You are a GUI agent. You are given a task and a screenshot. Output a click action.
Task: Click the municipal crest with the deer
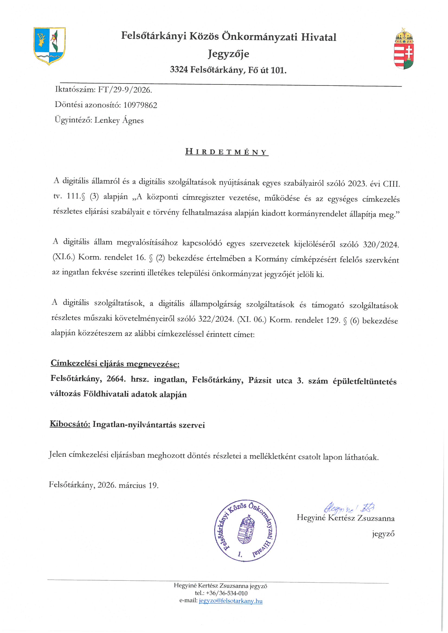(x=49, y=46)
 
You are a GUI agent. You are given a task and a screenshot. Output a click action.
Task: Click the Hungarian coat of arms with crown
(x=404, y=49)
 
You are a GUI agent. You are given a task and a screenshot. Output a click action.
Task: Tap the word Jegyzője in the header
(x=228, y=54)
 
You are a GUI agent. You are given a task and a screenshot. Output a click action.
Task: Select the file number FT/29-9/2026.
(x=125, y=90)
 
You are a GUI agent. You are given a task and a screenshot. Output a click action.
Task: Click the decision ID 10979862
(x=140, y=105)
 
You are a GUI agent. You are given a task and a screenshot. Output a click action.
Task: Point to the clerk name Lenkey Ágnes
(x=119, y=120)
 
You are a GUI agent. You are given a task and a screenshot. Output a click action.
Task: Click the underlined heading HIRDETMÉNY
(x=227, y=152)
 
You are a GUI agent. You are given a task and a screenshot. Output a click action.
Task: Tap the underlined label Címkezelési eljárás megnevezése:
(x=115, y=364)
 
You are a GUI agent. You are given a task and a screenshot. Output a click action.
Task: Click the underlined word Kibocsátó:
(x=70, y=424)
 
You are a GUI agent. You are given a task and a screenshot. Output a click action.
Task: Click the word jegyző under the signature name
(x=383, y=534)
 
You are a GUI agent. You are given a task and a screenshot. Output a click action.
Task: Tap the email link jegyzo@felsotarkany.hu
(x=230, y=601)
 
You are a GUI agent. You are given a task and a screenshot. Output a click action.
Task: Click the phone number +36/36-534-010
(x=226, y=593)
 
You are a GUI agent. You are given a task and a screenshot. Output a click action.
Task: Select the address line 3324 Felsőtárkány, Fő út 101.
(x=228, y=70)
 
